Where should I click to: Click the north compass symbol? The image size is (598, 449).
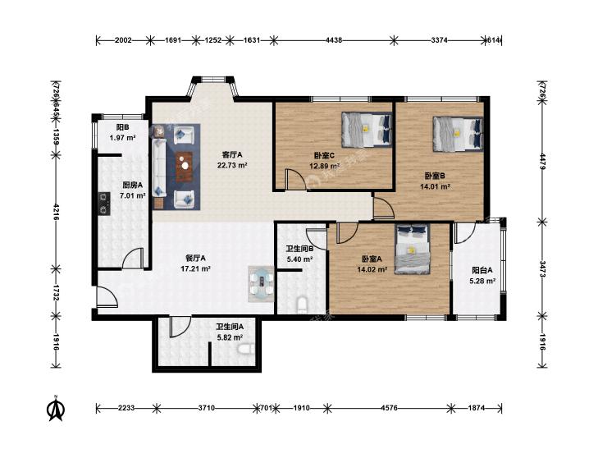(x=56, y=408)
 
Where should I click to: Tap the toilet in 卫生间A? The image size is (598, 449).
(x=245, y=349)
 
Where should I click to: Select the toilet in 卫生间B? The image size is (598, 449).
(x=302, y=305)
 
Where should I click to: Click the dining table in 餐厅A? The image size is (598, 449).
(x=261, y=284)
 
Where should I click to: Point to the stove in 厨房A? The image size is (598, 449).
(x=103, y=204)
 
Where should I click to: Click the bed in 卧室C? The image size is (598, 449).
(x=367, y=130)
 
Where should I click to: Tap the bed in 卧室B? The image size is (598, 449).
(x=458, y=134)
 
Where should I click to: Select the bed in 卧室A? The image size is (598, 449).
(x=413, y=249)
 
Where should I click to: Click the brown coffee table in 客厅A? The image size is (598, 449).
(x=185, y=167)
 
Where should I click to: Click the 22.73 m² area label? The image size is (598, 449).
(x=232, y=166)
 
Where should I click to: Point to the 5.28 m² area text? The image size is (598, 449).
(x=482, y=282)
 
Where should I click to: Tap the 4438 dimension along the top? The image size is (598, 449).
(x=334, y=39)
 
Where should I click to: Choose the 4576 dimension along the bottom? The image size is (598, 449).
(x=389, y=408)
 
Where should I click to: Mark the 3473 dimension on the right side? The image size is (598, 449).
(x=543, y=269)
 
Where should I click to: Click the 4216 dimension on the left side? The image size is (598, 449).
(x=56, y=212)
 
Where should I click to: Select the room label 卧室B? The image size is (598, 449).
(x=435, y=176)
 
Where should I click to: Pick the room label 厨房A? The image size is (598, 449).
(x=132, y=186)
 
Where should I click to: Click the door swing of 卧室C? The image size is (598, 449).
(x=295, y=178)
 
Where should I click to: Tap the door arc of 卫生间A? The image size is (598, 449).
(x=180, y=327)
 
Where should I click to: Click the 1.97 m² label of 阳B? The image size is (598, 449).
(x=123, y=138)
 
